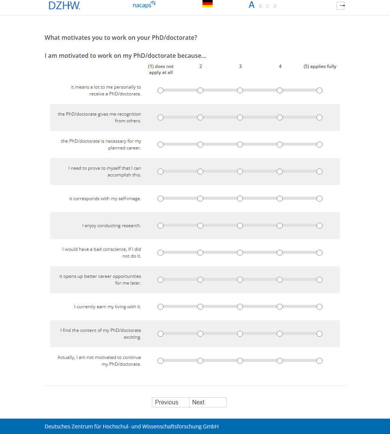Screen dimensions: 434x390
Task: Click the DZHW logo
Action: coord(64,5)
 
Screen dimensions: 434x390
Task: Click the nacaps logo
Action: coord(144,5)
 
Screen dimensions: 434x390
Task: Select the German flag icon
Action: coord(207,4)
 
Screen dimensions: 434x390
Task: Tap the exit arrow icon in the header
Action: coord(340,6)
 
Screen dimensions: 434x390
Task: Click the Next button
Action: coord(207,402)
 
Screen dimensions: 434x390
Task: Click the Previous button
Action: coord(171,402)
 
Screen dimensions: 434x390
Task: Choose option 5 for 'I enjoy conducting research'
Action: coord(319,226)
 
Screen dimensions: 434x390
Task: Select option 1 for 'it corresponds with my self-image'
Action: coord(160,199)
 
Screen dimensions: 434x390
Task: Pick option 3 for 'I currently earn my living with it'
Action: coord(240,307)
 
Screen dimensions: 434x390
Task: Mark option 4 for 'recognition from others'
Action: coord(280,118)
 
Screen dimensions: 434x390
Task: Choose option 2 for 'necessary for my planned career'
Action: coord(200,145)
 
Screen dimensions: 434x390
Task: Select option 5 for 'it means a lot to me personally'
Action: coord(319,90)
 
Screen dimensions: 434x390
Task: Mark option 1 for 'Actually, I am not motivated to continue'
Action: coord(160,361)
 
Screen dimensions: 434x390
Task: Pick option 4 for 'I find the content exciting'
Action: coord(280,334)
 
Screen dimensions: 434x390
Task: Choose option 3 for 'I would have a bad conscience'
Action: coord(240,253)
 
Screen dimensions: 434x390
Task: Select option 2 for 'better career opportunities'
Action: coord(200,280)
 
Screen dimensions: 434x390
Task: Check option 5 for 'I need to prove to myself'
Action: coord(319,172)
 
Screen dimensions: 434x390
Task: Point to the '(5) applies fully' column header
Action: coord(320,66)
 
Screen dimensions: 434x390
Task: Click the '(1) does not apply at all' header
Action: coord(161,69)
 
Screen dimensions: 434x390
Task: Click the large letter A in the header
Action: coord(252,5)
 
